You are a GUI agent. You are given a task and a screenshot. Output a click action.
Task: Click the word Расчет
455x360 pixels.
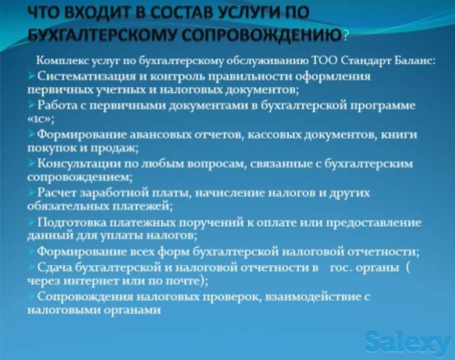click(x=56, y=193)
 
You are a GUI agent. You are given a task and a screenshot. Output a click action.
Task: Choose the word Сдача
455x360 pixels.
click(x=54, y=266)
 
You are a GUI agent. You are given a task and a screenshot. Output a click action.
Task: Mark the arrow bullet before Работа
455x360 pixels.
click(x=31, y=105)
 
